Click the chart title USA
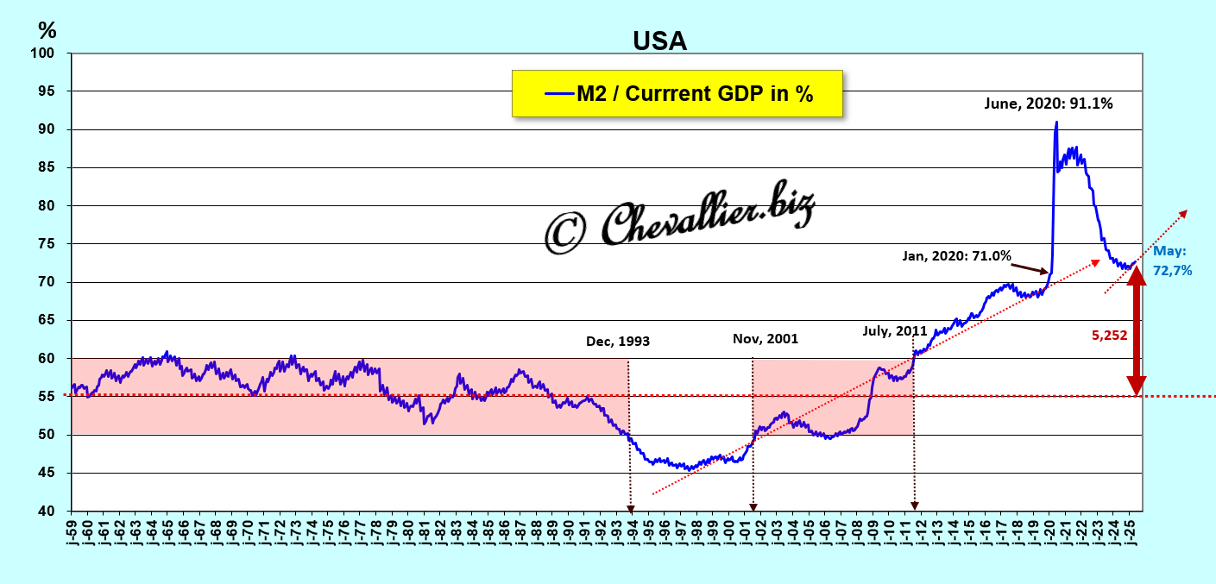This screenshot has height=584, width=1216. click(x=659, y=41)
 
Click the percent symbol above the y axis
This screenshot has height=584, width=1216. click(x=47, y=30)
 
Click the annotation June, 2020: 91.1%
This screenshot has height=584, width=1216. click(x=1049, y=104)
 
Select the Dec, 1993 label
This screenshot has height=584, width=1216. click(x=617, y=341)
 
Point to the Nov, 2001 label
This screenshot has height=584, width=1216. click(x=765, y=339)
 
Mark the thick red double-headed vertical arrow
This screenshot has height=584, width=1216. click(x=1137, y=331)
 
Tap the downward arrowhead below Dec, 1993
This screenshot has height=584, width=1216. click(x=630, y=507)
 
